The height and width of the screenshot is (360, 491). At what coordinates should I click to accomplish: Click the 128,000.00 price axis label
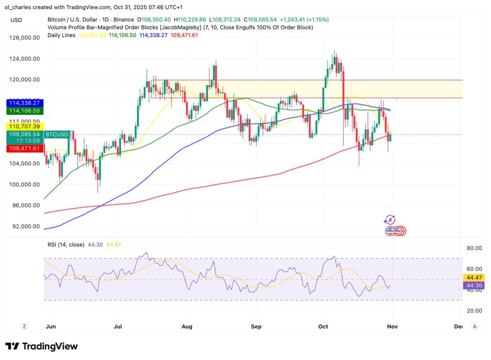23,38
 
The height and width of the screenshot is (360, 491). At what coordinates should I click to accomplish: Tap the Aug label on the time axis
187,326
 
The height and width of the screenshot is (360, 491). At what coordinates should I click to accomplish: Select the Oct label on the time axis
323,326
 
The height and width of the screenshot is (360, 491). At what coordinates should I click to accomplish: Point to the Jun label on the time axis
50,326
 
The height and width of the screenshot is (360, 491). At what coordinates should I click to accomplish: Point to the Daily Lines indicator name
61,35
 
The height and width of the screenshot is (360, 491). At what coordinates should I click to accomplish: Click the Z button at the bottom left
24,326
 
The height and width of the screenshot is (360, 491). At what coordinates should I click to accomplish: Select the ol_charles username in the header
20,7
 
